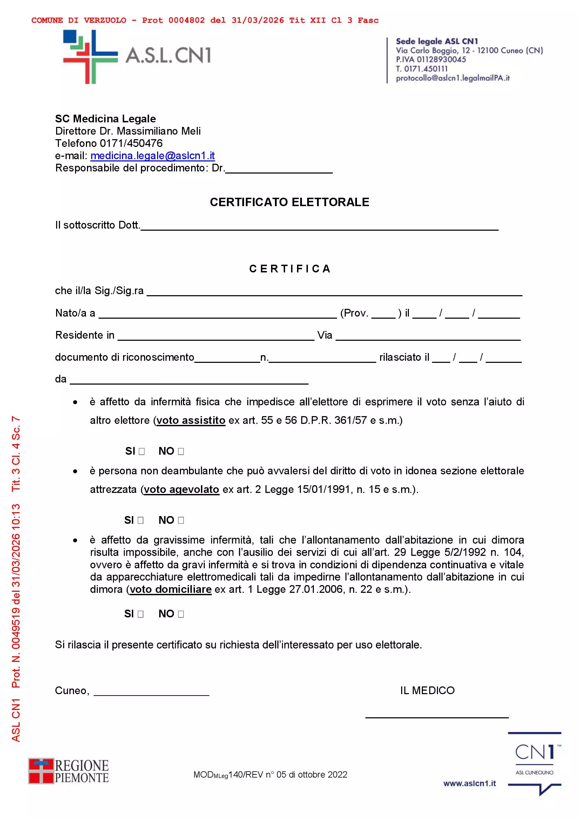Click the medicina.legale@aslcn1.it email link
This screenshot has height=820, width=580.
tap(153, 156)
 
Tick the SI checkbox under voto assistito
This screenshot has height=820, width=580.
tap(142, 452)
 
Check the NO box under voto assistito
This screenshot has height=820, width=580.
tap(181, 452)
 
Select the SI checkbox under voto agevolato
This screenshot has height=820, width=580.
tap(141, 520)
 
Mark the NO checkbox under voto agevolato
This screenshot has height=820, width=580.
tap(181, 520)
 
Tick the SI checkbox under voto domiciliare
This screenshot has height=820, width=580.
tap(141, 614)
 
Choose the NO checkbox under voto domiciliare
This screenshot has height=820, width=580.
tap(181, 614)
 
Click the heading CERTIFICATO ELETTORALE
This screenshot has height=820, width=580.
tap(289, 202)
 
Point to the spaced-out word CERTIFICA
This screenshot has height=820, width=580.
tap(290, 269)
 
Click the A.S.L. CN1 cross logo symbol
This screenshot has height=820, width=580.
tap(90, 57)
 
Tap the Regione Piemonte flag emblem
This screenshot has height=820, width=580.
tap(41, 771)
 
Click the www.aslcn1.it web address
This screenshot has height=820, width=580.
tap(469, 783)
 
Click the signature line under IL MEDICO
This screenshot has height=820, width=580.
tap(437, 716)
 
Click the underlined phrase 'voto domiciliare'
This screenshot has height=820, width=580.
tap(170, 589)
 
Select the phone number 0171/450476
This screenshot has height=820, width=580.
tap(131, 144)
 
